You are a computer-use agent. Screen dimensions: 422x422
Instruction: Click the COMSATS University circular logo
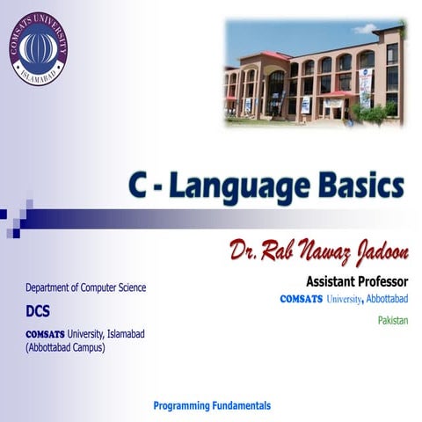coord(38,48)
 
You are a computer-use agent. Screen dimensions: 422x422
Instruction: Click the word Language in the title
coord(249,186)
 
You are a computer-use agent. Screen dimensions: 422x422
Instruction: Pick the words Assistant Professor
coord(357,282)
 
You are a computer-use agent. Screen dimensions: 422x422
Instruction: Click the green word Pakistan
coord(393,320)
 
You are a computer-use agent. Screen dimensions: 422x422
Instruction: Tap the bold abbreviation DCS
coord(40,310)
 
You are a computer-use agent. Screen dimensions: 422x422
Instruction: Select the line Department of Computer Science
coord(86,287)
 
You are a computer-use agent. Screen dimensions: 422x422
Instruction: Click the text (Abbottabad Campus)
coord(65,347)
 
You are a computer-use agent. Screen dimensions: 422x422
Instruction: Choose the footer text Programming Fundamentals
coord(212,405)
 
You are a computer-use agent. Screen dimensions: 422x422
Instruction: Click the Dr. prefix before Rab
coord(243,252)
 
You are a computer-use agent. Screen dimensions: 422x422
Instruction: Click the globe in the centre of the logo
coord(38,46)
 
